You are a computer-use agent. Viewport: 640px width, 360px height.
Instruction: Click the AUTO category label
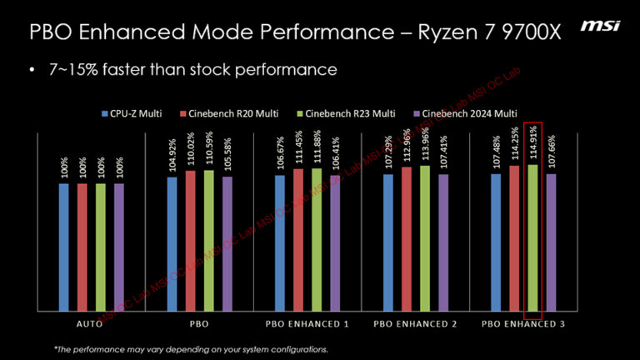[91, 322]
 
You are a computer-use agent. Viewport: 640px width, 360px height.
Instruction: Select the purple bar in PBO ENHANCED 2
[443, 242]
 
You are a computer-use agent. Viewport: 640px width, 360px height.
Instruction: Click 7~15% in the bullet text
[75, 69]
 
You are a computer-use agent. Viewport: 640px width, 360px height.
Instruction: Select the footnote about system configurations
[191, 348]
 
